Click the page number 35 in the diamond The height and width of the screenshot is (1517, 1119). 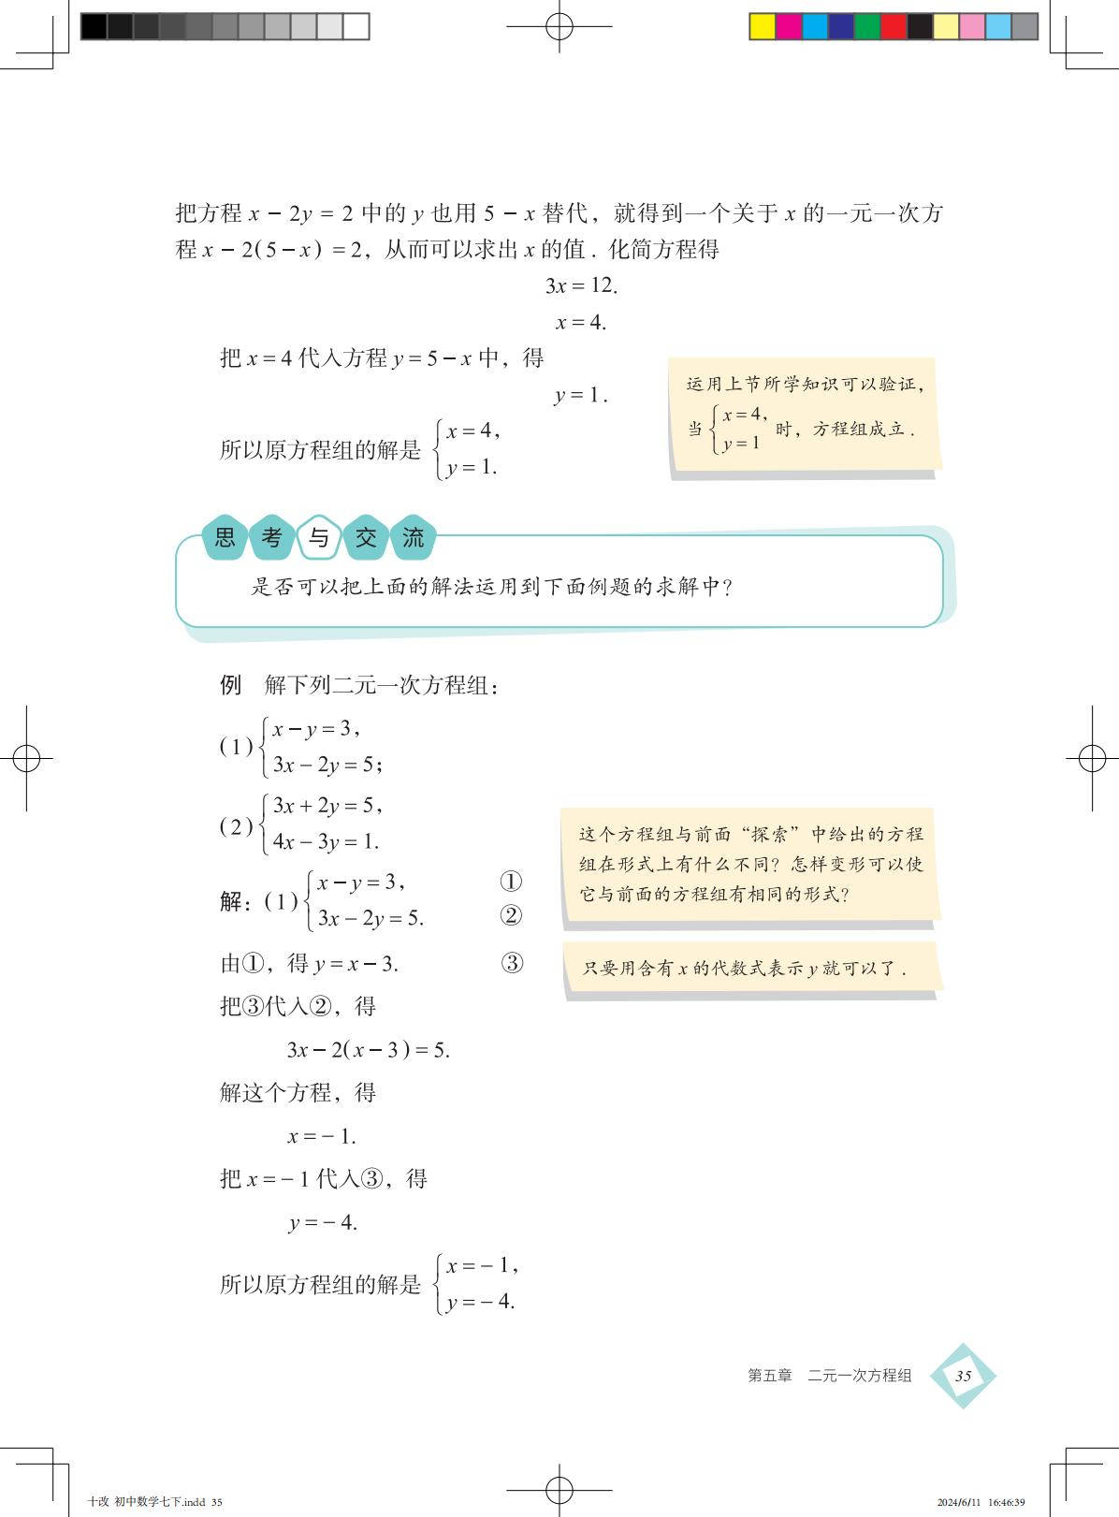[963, 1376]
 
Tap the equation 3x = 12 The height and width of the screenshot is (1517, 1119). [581, 286]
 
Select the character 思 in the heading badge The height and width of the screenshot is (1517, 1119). [225, 538]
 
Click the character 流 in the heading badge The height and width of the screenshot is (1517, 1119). [413, 538]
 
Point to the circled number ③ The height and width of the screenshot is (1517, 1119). [512, 963]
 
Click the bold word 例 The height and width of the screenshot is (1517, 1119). [231, 685]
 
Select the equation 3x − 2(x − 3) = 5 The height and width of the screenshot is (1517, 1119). [369, 1050]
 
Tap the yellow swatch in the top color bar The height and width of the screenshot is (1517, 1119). [762, 26]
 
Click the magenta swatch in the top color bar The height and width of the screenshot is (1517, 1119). [788, 26]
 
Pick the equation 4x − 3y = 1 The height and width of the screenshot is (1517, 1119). [326, 842]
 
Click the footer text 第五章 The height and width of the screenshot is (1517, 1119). [769, 1376]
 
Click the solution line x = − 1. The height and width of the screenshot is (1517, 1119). [322, 1137]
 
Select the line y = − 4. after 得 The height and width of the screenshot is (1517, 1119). [324, 1223]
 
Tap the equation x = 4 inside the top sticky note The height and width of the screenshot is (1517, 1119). [745, 415]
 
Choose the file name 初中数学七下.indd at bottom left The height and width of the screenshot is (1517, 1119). [159, 1502]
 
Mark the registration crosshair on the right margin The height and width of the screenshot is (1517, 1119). [1092, 758]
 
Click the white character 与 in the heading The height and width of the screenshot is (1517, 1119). [319, 538]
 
